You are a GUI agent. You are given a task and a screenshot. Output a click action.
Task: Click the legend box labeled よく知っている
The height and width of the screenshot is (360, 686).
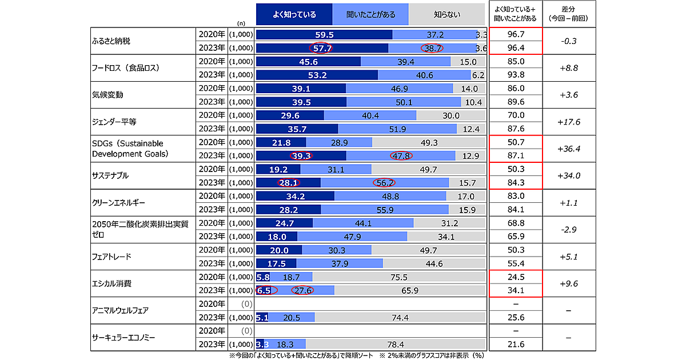tap(294, 14)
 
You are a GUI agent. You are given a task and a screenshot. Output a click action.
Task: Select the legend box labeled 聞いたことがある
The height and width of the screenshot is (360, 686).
tap(370, 14)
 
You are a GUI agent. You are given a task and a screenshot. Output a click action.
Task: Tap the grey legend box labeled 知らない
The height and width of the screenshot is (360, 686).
tap(447, 14)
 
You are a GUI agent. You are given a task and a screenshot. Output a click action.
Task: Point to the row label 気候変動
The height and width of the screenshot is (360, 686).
tap(107, 95)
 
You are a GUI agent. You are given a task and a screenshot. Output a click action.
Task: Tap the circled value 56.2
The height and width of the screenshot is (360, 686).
tap(384, 183)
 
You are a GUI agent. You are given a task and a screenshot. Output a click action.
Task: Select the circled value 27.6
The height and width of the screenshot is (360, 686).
tap(303, 290)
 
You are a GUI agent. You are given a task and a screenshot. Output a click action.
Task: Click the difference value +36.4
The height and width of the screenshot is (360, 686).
tap(569, 149)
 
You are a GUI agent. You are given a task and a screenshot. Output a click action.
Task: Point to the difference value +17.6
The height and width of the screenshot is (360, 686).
tap(569, 122)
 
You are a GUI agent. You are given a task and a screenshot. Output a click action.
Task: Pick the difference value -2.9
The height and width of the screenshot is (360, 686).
tap(569, 229)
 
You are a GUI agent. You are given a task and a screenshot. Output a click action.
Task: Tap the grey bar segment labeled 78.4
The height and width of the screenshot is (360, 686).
tap(396, 344)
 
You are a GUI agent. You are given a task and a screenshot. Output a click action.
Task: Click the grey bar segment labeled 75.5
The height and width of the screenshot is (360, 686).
tap(398, 277)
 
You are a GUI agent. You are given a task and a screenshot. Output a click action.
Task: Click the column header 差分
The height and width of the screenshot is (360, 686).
tap(569, 14)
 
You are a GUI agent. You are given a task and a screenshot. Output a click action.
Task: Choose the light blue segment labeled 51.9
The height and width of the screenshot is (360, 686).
tap(397, 129)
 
